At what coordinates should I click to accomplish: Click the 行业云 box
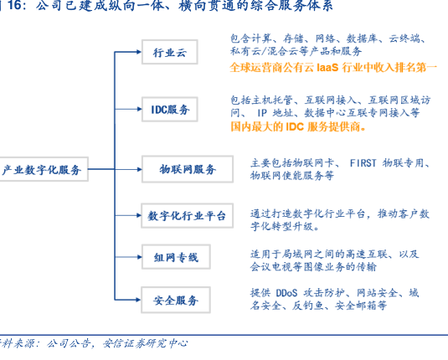[x=170, y=52]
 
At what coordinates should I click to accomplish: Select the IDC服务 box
[x=170, y=110]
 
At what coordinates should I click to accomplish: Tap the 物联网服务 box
[x=188, y=169]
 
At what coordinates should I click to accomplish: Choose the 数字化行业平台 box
[x=187, y=216]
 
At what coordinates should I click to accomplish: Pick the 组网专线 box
[x=176, y=257]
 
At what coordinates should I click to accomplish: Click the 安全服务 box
[x=176, y=300]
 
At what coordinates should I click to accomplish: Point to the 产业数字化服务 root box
[x=42, y=169]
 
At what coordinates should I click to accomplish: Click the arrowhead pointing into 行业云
[x=139, y=52]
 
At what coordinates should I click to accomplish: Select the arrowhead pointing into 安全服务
[x=138, y=300]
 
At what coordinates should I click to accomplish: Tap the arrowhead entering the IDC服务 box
[x=140, y=109]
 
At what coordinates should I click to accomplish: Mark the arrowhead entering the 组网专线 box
[x=140, y=257]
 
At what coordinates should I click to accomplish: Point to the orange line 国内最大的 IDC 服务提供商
[x=298, y=126]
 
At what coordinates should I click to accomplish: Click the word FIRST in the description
[x=363, y=163]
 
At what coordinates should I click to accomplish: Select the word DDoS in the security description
[x=286, y=293]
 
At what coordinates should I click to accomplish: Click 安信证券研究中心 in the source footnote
[x=145, y=343]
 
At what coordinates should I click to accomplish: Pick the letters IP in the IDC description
[x=262, y=113]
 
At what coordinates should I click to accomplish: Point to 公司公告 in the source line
[x=69, y=343]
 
